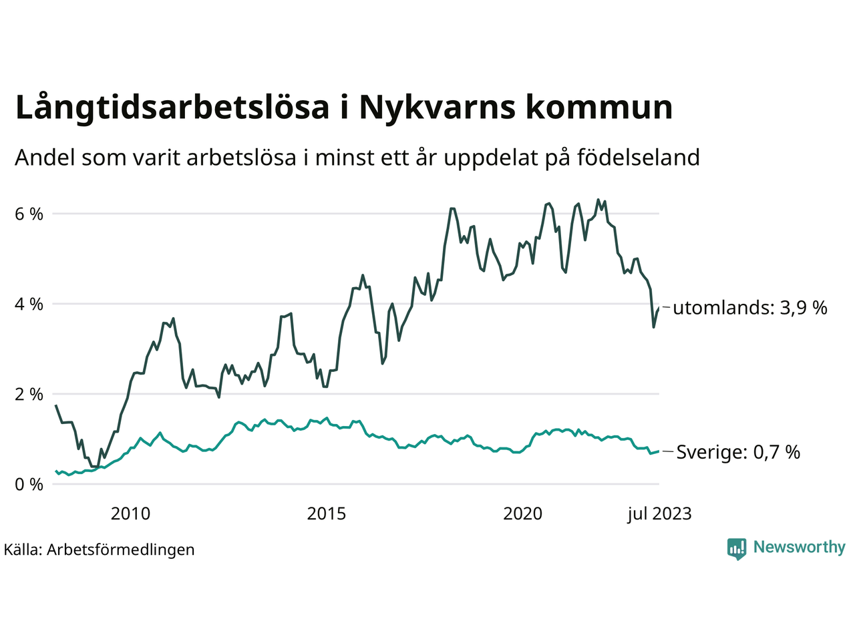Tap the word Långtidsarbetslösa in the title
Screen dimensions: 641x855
(172, 108)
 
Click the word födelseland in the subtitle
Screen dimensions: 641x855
(638, 158)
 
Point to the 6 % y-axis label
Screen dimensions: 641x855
(29, 214)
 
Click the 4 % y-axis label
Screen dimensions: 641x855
(29, 304)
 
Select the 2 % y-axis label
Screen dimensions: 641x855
(29, 395)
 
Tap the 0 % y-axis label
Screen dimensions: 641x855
(29, 485)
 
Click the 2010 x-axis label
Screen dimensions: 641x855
(130, 514)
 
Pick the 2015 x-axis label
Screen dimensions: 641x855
(327, 514)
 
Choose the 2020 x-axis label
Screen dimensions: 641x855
(523, 514)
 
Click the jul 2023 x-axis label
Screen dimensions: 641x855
(659, 514)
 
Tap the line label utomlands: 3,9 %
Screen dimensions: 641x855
(750, 308)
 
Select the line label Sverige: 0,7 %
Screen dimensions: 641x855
(738, 453)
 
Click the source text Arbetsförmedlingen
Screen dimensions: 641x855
(120, 550)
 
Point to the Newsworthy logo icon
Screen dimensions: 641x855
(737, 549)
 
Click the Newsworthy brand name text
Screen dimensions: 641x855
(799, 548)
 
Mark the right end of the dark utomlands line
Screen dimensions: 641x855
(659, 308)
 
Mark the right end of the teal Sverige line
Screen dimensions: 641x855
(659, 451)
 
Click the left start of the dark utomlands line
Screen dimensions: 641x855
(56, 405)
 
